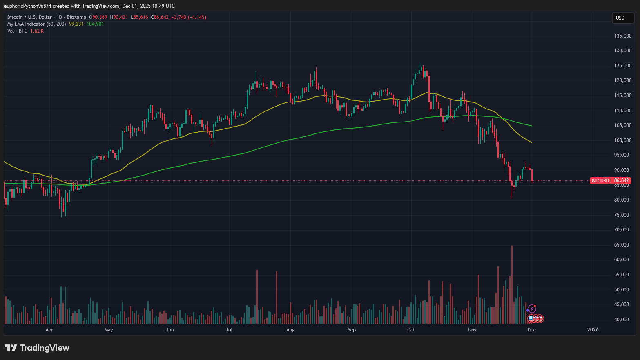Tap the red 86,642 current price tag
(621, 180)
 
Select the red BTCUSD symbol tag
(600, 180)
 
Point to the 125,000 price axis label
(623, 66)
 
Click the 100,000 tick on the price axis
(623, 140)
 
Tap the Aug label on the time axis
(290, 330)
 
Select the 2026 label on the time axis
(593, 330)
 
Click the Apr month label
(49, 330)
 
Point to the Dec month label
(531, 330)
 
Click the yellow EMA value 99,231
(76, 24)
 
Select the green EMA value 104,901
(95, 24)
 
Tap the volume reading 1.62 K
(37, 31)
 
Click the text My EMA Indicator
(26, 24)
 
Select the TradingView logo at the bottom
(37, 348)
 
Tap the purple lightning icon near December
(531, 309)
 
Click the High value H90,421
(119, 17)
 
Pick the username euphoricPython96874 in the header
(27, 6)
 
